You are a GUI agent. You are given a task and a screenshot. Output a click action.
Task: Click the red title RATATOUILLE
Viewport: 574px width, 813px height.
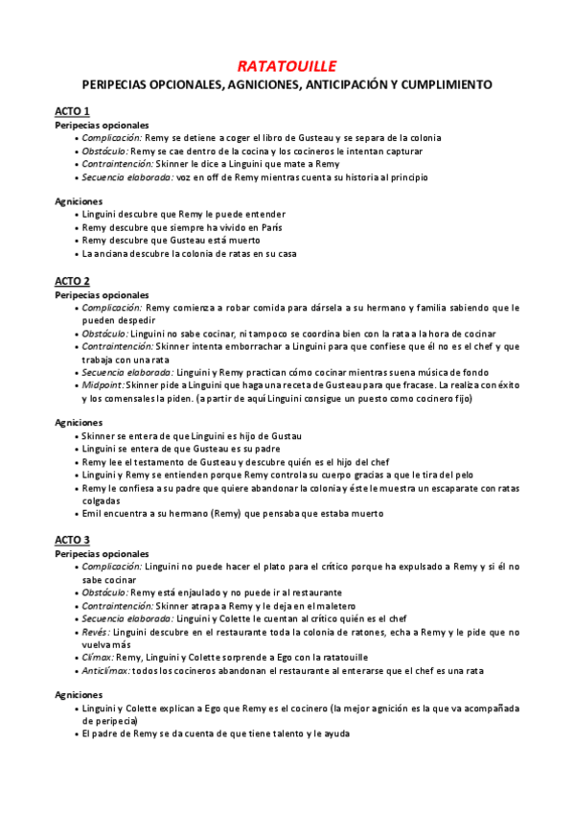[287, 66]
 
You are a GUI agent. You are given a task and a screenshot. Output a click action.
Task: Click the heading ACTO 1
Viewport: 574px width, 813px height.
[72, 111]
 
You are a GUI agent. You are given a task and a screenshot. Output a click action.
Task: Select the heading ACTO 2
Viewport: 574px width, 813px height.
[72, 281]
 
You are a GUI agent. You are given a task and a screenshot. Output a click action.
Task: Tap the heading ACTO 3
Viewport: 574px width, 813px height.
[72, 540]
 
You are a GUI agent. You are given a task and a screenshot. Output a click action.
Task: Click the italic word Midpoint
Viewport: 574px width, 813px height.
[103, 384]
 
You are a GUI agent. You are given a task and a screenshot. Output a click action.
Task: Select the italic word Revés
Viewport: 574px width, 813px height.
[96, 632]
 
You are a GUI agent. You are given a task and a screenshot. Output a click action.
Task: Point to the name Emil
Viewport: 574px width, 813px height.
[92, 513]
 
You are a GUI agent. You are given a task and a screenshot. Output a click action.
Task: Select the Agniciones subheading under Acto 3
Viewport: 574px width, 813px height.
[80, 695]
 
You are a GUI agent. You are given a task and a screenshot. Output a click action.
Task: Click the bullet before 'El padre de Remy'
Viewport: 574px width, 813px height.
[75, 734]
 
